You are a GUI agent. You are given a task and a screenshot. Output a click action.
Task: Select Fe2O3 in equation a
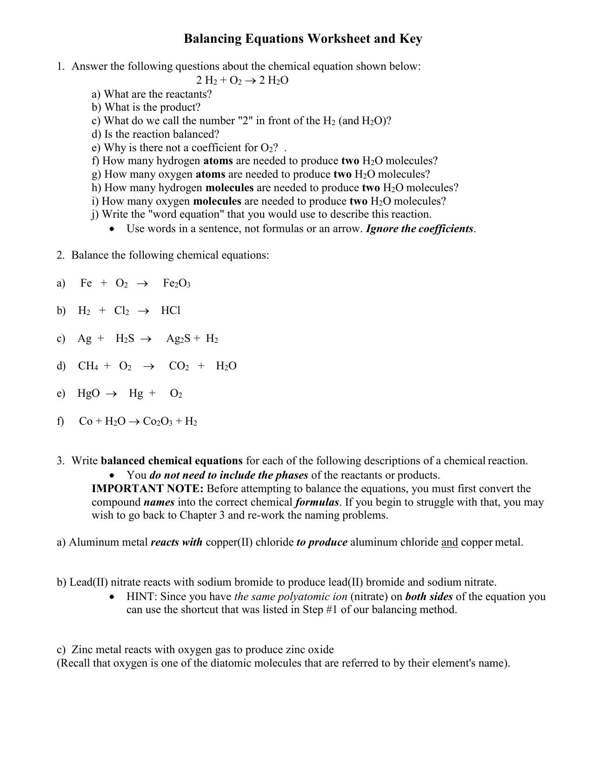pos(177,283)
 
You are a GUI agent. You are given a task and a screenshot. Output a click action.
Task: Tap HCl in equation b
pos(171,311)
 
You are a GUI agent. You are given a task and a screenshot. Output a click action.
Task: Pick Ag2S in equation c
pos(178,339)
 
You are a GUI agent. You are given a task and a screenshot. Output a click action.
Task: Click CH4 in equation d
pos(88,366)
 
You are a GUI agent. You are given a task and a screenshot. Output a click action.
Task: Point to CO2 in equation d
pos(179,366)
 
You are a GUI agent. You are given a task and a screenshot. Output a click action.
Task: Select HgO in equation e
pos(88,394)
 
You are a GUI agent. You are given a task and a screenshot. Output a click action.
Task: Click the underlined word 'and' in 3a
pos(449,542)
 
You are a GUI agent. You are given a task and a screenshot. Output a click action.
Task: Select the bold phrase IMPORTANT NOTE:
pos(147,488)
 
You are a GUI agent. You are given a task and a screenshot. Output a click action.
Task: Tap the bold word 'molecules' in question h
pos(229,187)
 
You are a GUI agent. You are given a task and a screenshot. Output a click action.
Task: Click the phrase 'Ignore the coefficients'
pos(420,229)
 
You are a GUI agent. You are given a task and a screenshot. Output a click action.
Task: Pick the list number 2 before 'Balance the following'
pos(60,255)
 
